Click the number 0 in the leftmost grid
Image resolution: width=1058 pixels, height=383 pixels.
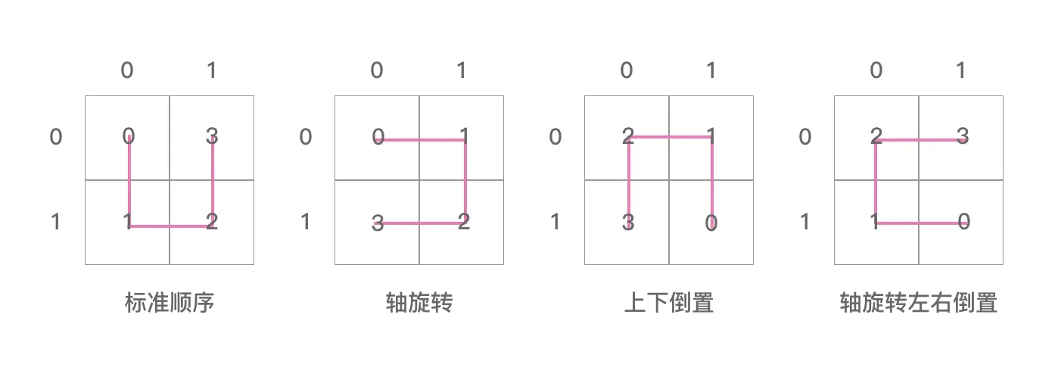tap(129, 136)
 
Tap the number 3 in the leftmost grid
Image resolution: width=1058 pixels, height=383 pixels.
tap(212, 136)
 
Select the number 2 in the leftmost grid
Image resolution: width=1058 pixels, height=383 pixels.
tap(212, 222)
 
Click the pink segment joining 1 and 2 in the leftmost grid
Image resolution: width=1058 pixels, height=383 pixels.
tap(170, 226)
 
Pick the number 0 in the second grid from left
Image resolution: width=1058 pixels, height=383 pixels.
tap(378, 137)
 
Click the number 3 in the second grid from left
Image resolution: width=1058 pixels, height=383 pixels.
tap(378, 223)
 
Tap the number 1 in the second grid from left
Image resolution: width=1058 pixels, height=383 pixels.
tap(464, 136)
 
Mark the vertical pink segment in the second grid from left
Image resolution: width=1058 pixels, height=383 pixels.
tap(465, 180)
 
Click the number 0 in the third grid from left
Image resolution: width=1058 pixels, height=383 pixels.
tap(711, 223)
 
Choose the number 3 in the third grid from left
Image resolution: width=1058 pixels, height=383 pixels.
tap(627, 223)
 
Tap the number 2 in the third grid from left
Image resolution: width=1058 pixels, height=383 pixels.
tap(627, 136)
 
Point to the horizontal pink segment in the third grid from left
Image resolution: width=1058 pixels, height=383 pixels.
tap(670, 137)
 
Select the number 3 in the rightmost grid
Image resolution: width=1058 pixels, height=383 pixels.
tap(962, 136)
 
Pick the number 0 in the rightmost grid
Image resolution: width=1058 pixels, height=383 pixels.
tap(962, 222)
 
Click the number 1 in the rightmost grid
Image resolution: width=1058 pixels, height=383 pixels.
tap(875, 222)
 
